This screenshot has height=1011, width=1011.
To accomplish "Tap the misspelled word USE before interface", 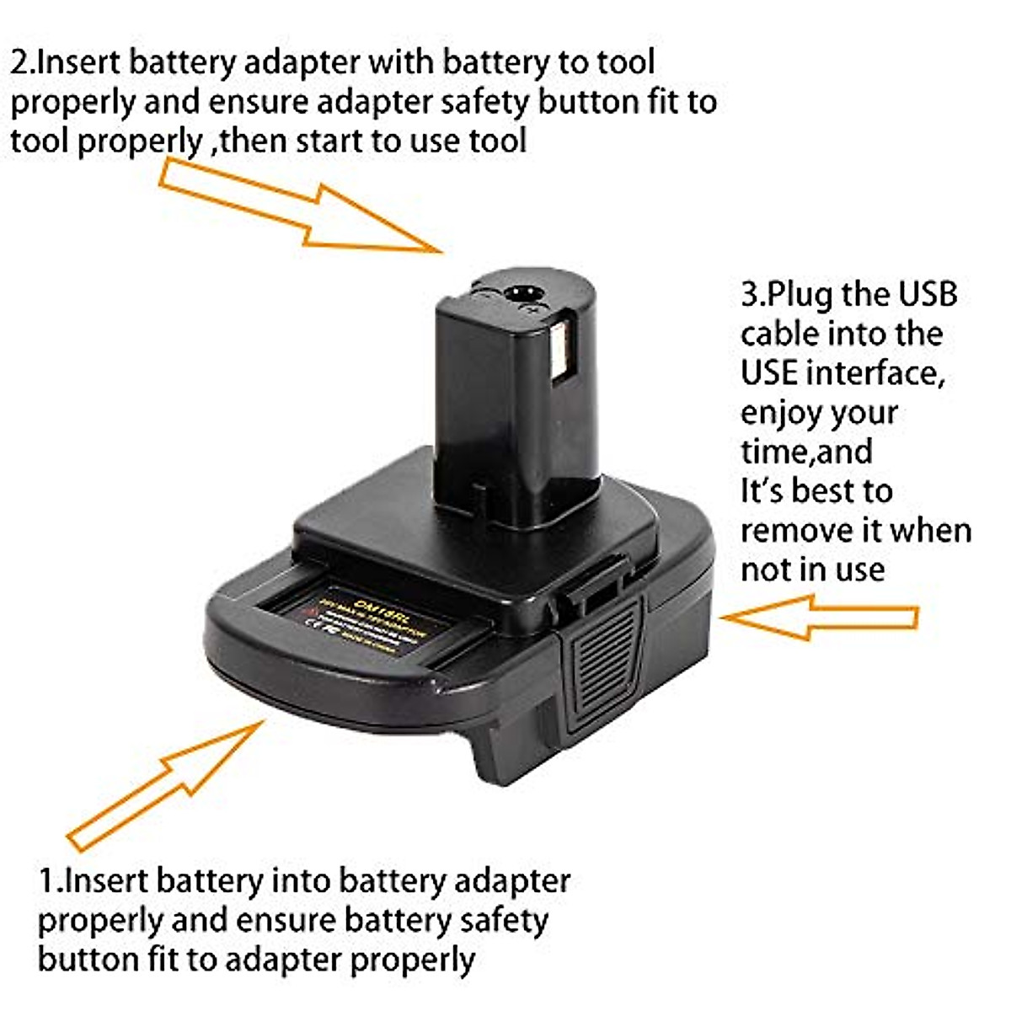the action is pyautogui.click(x=769, y=372).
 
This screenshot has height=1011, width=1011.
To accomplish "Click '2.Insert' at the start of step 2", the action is pyautogui.click(x=67, y=62).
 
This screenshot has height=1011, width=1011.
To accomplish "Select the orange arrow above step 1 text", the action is pyautogui.click(x=168, y=784).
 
